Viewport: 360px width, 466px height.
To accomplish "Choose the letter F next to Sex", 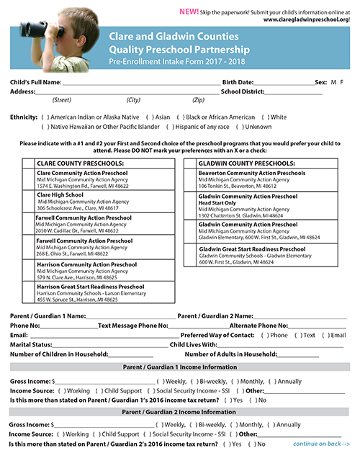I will coord(341,82).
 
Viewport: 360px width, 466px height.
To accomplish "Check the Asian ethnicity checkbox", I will coord(150,117).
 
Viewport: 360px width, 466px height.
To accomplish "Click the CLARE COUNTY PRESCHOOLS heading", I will coord(81,163).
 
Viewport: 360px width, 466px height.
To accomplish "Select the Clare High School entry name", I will coord(60,194).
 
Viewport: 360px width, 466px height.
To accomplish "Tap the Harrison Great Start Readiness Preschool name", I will coord(90,286).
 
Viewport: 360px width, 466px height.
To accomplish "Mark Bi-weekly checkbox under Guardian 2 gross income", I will coord(197,425).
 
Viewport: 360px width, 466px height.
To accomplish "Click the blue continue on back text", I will coord(321,444).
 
